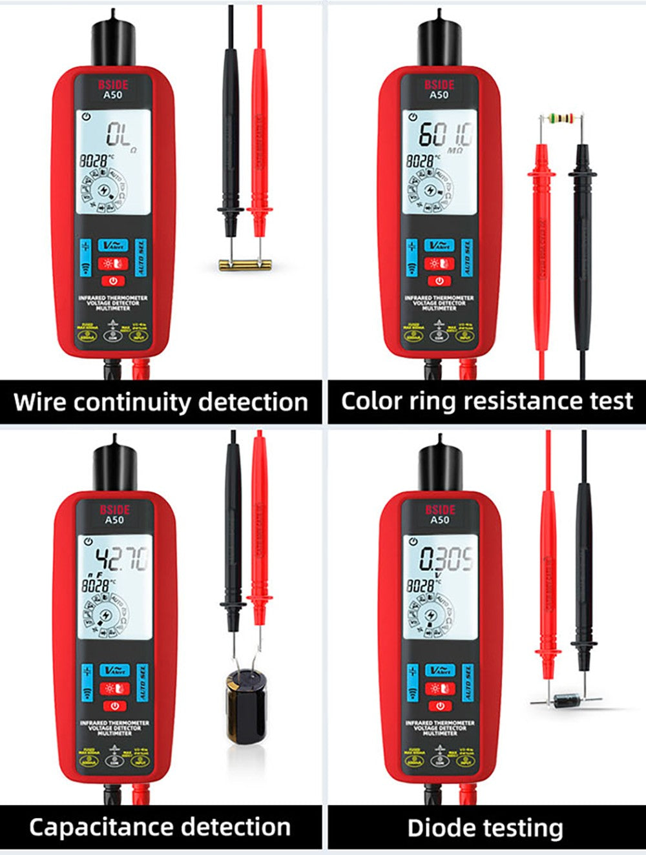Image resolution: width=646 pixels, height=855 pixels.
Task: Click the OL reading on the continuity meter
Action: coord(119,135)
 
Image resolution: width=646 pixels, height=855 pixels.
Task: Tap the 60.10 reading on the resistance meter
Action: coord(445,135)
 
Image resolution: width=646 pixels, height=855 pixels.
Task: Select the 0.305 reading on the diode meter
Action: coord(446,559)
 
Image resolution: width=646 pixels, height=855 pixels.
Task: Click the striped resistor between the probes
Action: coord(561,118)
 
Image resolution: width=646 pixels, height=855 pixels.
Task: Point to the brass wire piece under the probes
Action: coord(242,263)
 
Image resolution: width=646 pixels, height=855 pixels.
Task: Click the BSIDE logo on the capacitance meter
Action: coord(114,510)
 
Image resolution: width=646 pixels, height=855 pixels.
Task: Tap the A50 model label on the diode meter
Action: coord(439,520)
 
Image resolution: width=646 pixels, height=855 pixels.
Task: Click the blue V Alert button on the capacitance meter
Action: coord(114,670)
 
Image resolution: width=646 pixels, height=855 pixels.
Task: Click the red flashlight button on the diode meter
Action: coord(439,688)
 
